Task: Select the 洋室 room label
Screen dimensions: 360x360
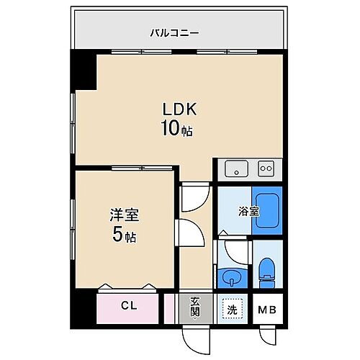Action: click(124, 214)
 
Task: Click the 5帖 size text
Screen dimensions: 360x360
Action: click(124, 235)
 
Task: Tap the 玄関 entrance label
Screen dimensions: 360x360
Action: click(195, 307)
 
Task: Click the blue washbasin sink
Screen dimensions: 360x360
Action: click(232, 276)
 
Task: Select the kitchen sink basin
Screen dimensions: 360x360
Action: click(235, 169)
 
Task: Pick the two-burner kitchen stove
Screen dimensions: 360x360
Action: click(266, 168)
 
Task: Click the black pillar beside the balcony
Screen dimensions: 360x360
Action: click(82, 71)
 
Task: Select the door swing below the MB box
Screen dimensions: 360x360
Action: click(267, 333)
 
